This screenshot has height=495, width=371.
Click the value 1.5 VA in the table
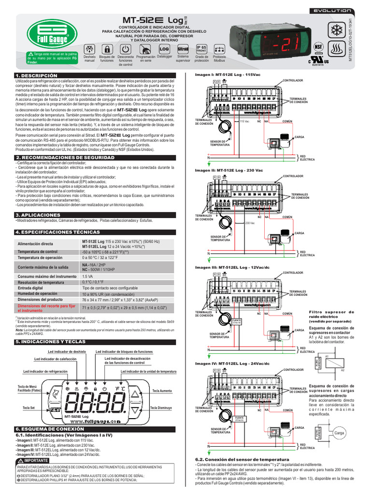tap(87, 276)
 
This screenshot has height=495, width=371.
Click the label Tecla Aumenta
tap(162, 391)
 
